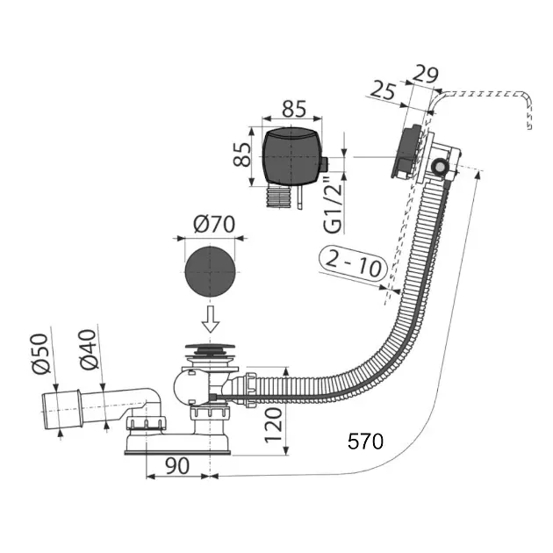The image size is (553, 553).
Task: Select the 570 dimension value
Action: pos(364,442)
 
